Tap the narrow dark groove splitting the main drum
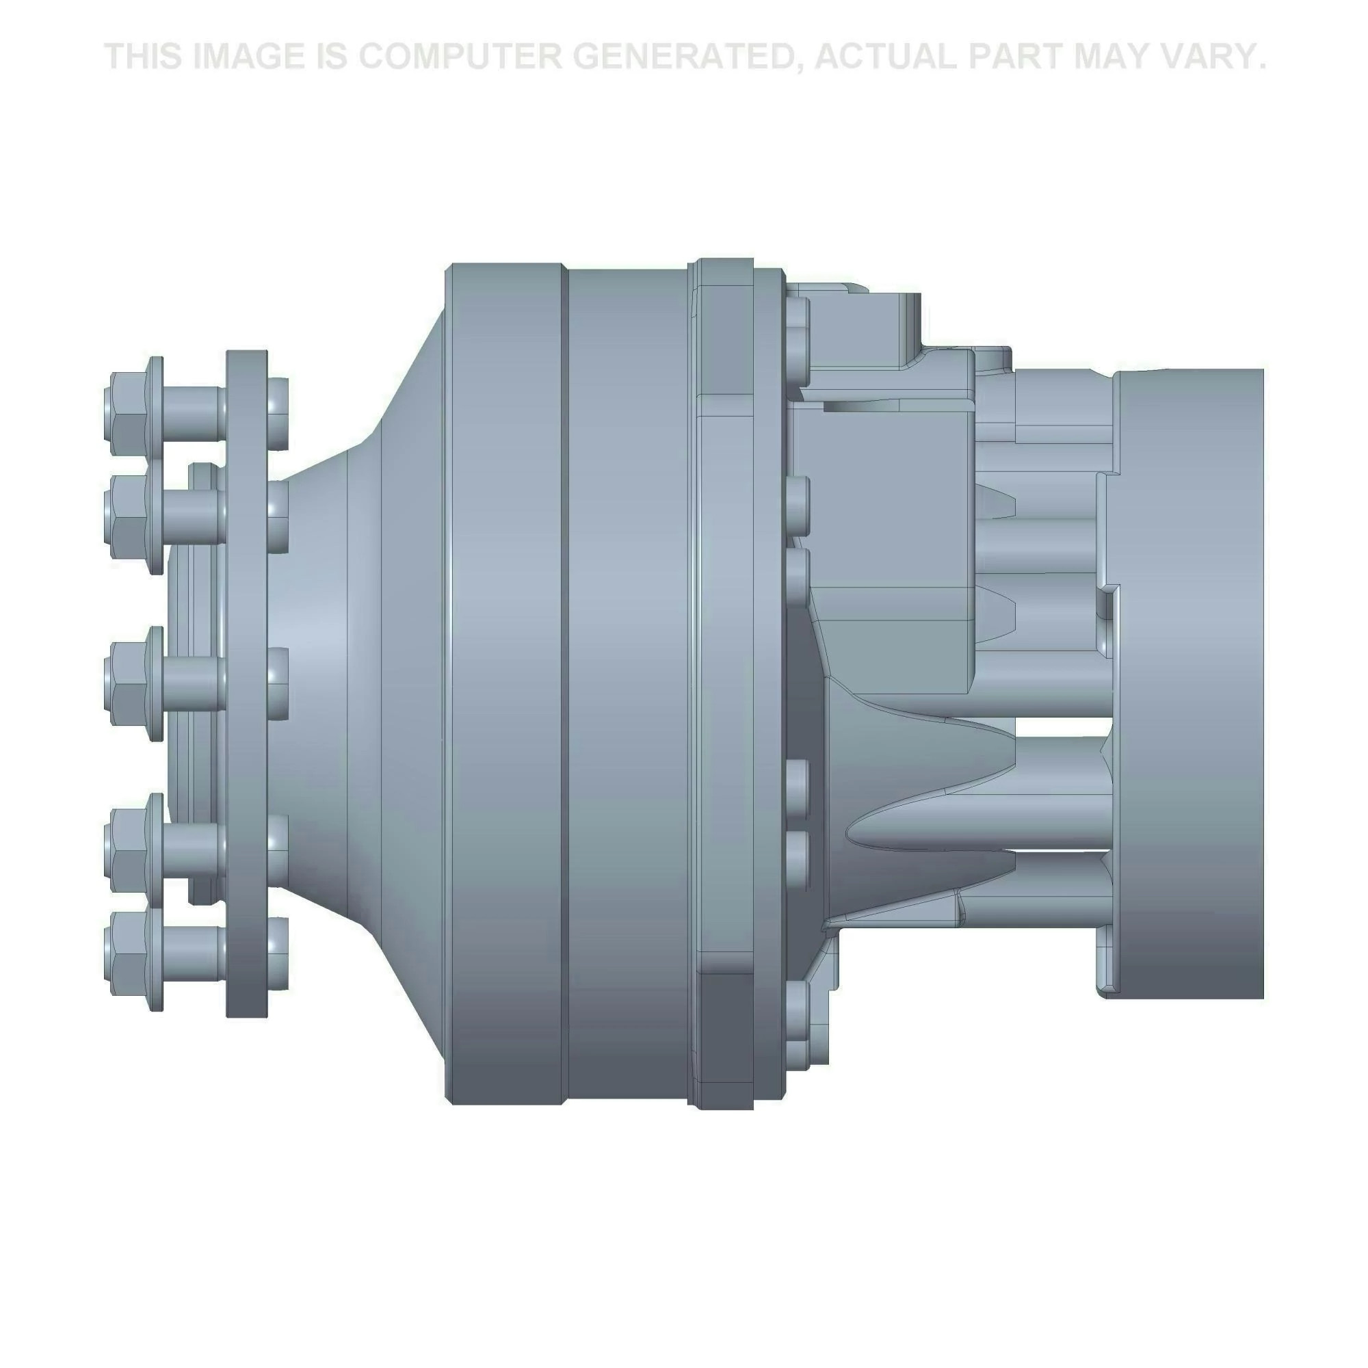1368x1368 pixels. click(565, 680)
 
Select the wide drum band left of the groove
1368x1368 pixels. click(506, 680)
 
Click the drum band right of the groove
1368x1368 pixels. click(627, 680)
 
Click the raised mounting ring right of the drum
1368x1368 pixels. click(724, 680)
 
